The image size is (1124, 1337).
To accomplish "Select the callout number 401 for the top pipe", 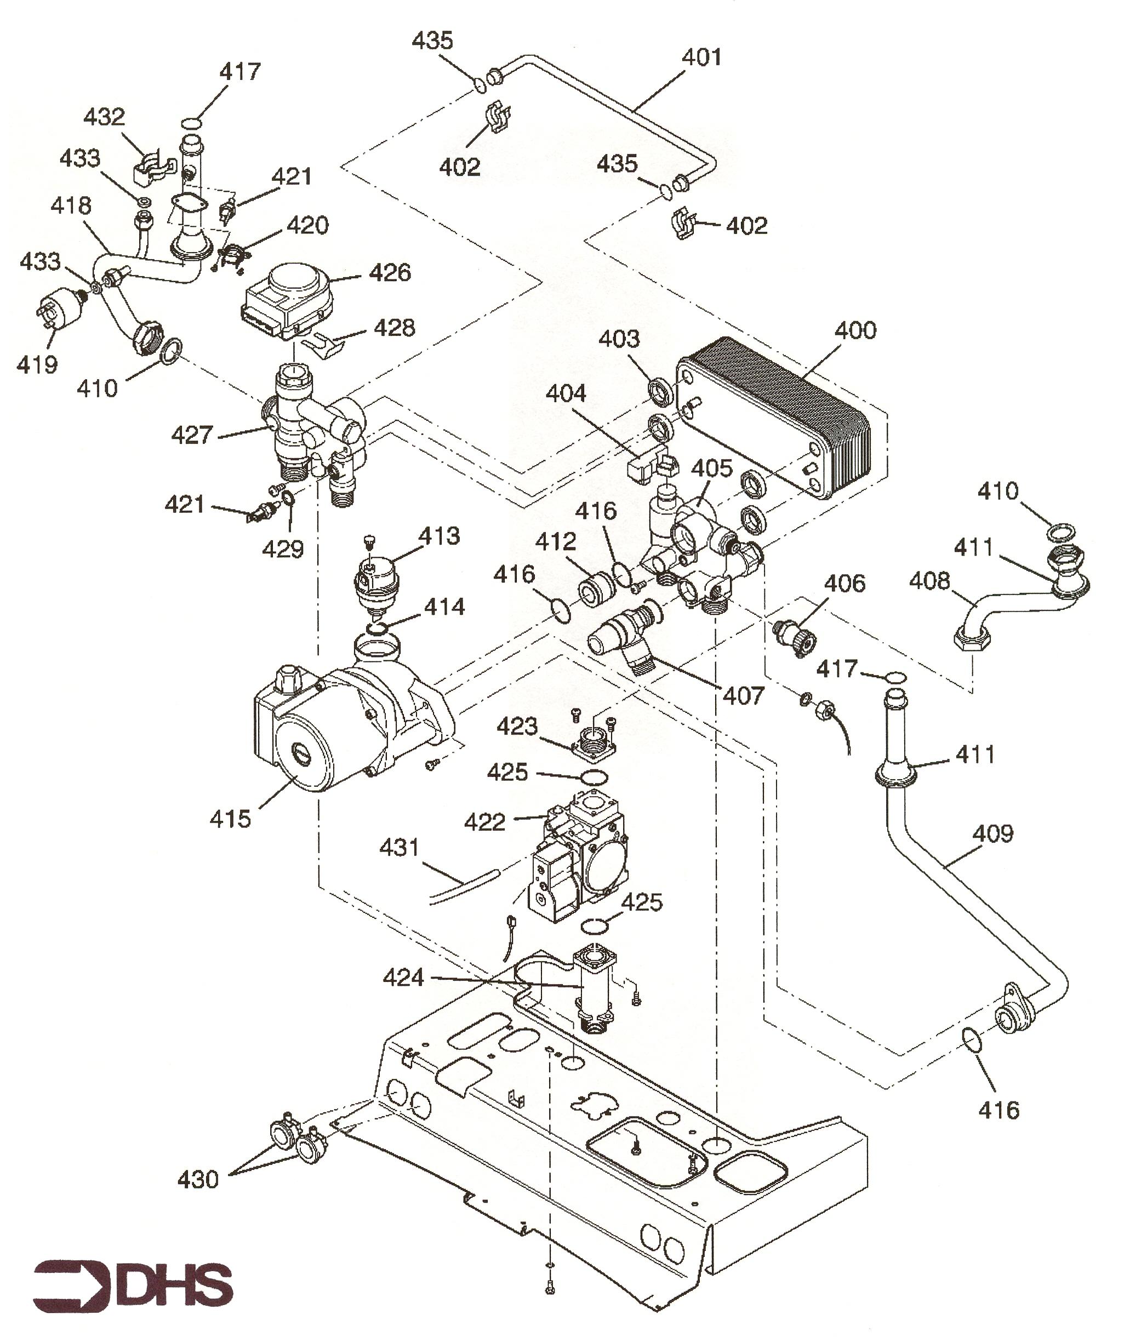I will [x=701, y=58].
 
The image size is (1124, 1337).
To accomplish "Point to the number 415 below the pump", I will [x=230, y=819].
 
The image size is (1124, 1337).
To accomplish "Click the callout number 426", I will [x=390, y=273].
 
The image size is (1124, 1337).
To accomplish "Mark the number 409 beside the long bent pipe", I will [x=992, y=833].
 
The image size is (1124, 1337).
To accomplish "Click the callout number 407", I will [x=743, y=695].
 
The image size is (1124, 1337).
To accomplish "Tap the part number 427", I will [x=192, y=435].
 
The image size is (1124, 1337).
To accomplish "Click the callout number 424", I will [x=403, y=977].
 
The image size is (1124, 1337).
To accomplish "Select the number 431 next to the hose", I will [x=400, y=847].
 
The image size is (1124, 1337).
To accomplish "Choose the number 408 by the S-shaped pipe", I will [x=929, y=581].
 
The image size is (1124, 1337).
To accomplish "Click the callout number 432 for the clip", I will [x=105, y=117].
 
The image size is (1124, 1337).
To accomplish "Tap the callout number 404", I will [x=566, y=393].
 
